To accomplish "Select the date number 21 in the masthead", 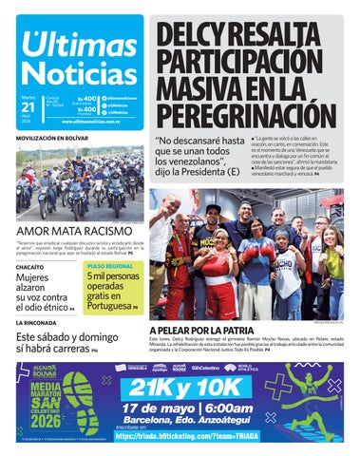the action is tap(27, 106).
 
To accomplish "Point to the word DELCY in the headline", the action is tap(197, 37).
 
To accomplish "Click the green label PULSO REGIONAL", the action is tap(111, 267).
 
